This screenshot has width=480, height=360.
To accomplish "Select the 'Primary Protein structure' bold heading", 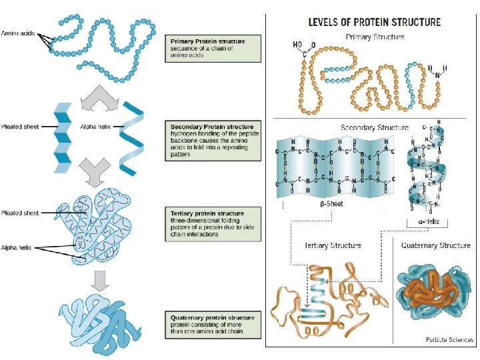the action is pyautogui.click(x=208, y=41).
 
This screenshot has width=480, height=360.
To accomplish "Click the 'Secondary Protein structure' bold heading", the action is pyautogui.click(x=212, y=127).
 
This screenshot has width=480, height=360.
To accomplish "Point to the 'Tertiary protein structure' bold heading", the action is pyautogui.click(x=207, y=214).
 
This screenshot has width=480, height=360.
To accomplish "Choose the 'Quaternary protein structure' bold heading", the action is pyautogui.click(x=213, y=318).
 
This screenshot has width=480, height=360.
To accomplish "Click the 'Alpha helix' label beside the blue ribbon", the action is pyautogui.click(x=92, y=126).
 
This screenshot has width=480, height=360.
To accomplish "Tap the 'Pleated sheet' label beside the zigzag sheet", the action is pyautogui.click(x=19, y=126).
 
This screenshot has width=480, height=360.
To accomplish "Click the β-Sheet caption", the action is pyautogui.click(x=329, y=204).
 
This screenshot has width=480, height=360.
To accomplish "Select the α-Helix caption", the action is pyautogui.click(x=427, y=221).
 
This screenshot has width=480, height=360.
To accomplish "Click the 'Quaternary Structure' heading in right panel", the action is pyautogui.click(x=435, y=245).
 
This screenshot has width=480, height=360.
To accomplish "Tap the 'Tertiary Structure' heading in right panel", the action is pyautogui.click(x=332, y=245).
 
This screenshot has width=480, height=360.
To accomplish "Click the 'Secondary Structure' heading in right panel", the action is pyautogui.click(x=374, y=127).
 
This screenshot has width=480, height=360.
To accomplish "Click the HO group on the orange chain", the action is pyautogui.click(x=297, y=45).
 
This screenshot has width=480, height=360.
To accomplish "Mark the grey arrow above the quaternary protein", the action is pyautogui.click(x=101, y=281).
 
